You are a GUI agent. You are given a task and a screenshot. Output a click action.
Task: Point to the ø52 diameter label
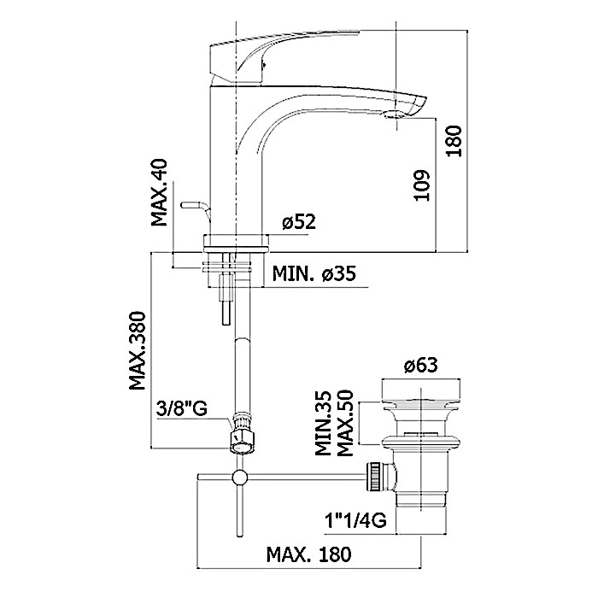pos(299,222)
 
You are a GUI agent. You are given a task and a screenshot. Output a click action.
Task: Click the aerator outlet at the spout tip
pos(394,115)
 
